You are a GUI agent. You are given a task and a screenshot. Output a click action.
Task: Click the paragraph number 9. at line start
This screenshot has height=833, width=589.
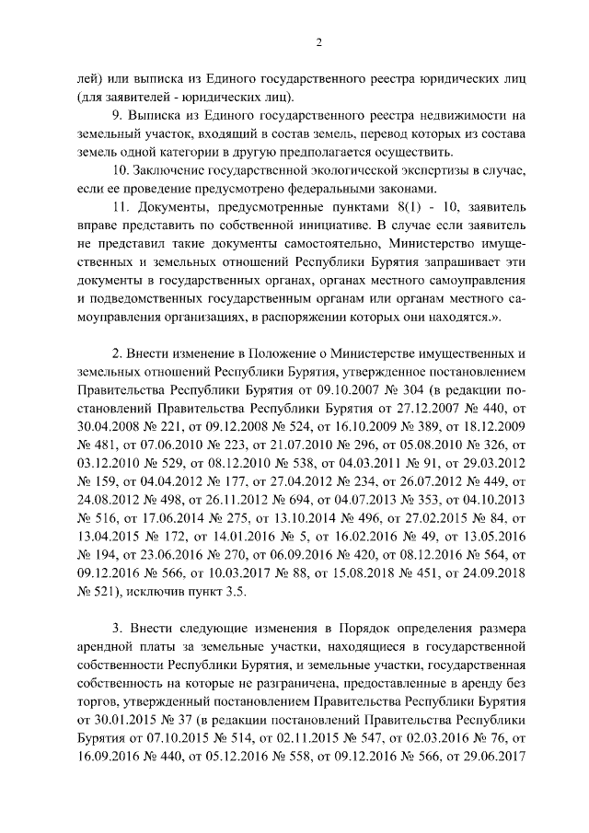point(116,115)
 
